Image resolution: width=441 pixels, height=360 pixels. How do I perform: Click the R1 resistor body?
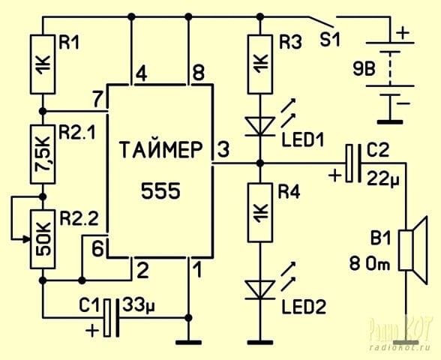(43, 64)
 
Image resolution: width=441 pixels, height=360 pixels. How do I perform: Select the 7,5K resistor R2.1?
(43, 154)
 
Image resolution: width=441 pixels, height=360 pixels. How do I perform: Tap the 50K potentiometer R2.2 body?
(43, 239)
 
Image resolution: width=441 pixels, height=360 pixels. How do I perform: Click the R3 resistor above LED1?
(260, 64)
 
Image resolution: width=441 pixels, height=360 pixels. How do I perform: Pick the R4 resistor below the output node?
(260, 212)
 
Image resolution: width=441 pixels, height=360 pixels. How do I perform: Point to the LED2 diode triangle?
(259, 290)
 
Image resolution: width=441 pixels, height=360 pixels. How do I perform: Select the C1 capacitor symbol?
(111, 318)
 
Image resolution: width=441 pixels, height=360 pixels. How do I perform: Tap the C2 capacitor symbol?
(354, 163)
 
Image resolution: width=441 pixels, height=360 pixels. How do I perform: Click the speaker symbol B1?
(413, 250)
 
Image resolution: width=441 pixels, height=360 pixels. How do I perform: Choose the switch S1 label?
(330, 40)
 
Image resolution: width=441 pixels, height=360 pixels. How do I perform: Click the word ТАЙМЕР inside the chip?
(160, 150)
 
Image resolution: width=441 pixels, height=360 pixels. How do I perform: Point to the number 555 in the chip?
(160, 191)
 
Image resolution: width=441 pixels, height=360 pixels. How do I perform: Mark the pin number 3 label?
(223, 149)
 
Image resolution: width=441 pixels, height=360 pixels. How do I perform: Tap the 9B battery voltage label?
(364, 69)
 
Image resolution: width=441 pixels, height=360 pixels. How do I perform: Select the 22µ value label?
(382, 178)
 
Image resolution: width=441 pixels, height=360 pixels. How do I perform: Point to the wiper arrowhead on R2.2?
(27, 239)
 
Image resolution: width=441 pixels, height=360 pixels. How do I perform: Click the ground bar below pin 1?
(189, 343)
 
